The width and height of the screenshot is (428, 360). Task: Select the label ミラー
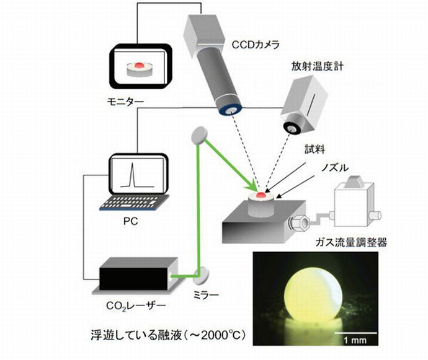pyautogui.click(x=204, y=296)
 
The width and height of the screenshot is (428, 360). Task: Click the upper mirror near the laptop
pyautogui.click(x=200, y=136)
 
